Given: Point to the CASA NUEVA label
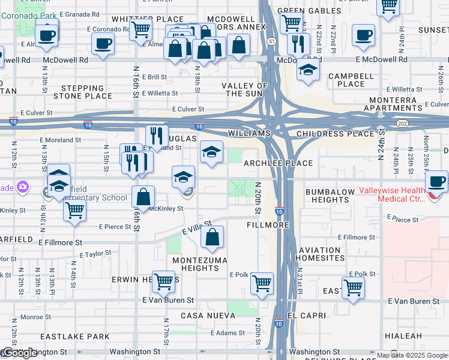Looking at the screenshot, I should (x=205, y=316).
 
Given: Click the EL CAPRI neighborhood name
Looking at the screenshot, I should (x=306, y=316).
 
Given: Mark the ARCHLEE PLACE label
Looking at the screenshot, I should (x=278, y=163).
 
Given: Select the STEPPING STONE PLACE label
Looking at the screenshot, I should (x=83, y=92).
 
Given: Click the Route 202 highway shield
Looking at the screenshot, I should (x=402, y=123).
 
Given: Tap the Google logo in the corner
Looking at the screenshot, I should (x=20, y=353).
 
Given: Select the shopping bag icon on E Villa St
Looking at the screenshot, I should (x=212, y=237).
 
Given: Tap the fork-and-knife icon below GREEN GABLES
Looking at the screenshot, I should (x=298, y=43).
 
